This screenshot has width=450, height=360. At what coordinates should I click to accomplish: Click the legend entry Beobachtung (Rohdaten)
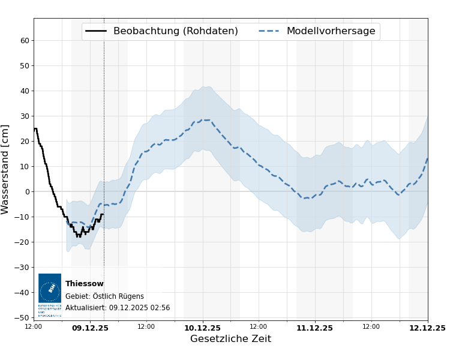point(175,31)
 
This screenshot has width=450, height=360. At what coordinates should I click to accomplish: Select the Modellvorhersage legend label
point(331,31)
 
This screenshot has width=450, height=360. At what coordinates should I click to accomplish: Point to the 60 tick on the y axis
point(25,41)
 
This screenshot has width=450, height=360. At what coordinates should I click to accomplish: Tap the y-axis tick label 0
point(27,192)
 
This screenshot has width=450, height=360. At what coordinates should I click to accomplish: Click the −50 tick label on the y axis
point(23,318)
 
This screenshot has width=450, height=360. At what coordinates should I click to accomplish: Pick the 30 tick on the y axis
point(25,116)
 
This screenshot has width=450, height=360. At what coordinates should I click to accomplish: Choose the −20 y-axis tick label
point(23,242)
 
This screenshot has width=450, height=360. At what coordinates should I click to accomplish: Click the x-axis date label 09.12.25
point(90,328)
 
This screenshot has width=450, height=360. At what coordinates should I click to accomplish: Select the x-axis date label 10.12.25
point(202,328)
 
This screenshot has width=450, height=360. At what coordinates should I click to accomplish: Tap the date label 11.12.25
point(314,328)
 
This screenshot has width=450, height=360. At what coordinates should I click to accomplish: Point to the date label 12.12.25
point(427,328)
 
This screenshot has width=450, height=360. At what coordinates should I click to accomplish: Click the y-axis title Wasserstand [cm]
point(6,169)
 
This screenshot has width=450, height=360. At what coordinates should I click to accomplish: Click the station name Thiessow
point(84,284)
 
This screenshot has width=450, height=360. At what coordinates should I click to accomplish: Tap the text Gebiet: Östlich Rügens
point(104,296)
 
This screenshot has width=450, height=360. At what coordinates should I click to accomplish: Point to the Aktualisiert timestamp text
point(118,308)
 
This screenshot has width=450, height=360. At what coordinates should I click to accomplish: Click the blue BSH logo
point(50,289)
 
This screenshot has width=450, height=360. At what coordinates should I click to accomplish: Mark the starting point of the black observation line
point(34,128)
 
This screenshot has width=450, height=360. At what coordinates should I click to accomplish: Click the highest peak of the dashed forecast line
point(205,120)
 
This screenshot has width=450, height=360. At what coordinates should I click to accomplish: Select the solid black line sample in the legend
point(96,31)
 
